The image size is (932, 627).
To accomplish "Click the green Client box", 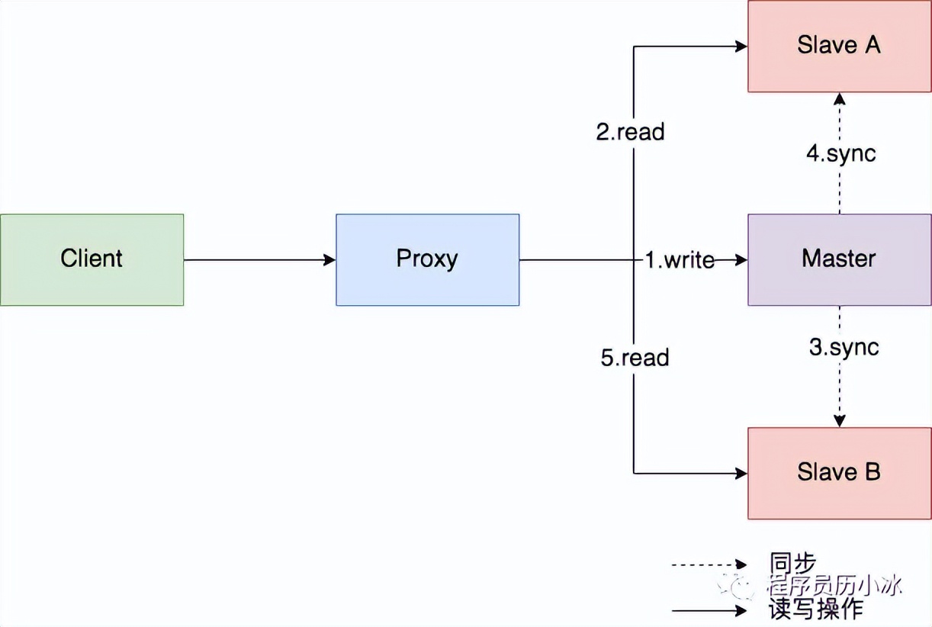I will pyautogui.click(x=92, y=259).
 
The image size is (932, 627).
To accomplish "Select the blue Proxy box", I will pyautogui.click(x=427, y=259).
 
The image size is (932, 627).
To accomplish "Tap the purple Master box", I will pyautogui.click(x=839, y=259).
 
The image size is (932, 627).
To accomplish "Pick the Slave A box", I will pyautogui.click(x=839, y=46).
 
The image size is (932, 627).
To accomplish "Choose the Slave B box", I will pyautogui.click(x=839, y=473).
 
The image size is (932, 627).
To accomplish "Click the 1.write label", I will pyautogui.click(x=680, y=260).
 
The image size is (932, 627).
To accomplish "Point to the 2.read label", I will pyautogui.click(x=630, y=132).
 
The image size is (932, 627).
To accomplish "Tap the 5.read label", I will pyautogui.click(x=635, y=358).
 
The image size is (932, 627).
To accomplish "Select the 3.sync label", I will pyautogui.click(x=844, y=348).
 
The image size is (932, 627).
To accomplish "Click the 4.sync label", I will pyautogui.click(x=841, y=153).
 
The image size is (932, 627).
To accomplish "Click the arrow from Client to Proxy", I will pyautogui.click(x=259, y=260).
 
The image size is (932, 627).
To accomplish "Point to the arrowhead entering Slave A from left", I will pyautogui.click(x=741, y=47).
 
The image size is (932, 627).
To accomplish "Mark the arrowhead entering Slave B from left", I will pyautogui.click(x=741, y=474).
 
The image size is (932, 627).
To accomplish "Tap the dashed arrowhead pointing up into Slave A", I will pyautogui.click(x=839, y=98).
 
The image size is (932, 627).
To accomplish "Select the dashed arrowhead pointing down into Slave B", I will pyautogui.click(x=839, y=421).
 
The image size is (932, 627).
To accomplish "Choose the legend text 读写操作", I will pyautogui.click(x=816, y=609).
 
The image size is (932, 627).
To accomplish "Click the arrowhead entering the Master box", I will pyautogui.click(x=741, y=260).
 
